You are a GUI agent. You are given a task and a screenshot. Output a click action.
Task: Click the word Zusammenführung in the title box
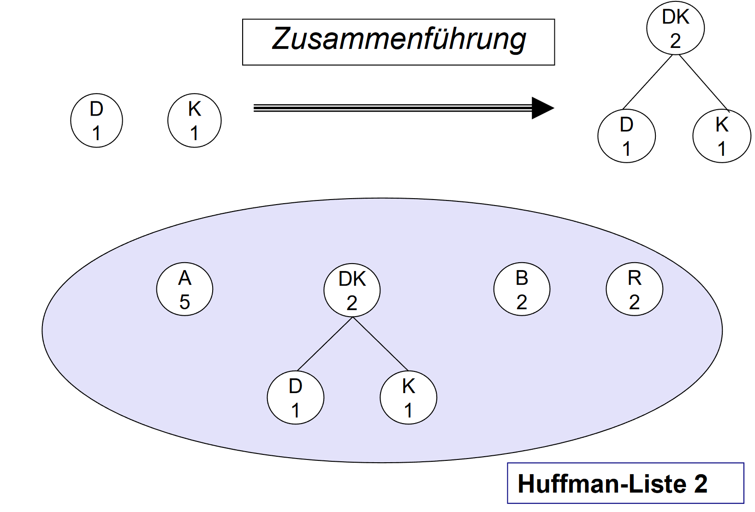(x=398, y=40)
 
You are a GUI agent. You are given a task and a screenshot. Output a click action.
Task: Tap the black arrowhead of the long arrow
(x=542, y=108)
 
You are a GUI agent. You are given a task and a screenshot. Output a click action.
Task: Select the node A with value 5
(x=184, y=289)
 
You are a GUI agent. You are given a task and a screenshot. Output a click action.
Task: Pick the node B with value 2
(x=522, y=289)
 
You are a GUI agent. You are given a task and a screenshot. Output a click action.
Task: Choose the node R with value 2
(x=634, y=289)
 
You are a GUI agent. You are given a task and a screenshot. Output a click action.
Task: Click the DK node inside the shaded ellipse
(x=352, y=290)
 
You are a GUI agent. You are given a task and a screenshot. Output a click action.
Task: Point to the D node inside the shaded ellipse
(x=295, y=397)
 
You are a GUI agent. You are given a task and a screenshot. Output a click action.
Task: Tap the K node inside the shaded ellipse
(x=408, y=397)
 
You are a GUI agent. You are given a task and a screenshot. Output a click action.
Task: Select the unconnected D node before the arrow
(x=96, y=120)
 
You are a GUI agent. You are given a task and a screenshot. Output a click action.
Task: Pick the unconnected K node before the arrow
(x=194, y=120)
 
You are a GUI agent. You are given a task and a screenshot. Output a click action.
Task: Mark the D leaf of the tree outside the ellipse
(x=626, y=136)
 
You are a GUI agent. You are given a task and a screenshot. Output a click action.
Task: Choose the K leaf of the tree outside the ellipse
(x=722, y=136)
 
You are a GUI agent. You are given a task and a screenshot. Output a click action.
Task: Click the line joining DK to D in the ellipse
(x=325, y=344)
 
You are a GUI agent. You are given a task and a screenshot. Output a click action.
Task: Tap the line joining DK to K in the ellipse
(x=380, y=344)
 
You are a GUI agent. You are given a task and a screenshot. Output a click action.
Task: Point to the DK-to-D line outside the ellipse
(x=648, y=82)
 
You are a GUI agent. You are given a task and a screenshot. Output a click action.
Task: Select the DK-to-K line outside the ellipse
(x=703, y=82)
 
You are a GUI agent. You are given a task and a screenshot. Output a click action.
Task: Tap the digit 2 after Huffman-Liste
(x=701, y=484)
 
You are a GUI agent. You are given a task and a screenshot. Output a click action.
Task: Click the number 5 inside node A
(x=184, y=302)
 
